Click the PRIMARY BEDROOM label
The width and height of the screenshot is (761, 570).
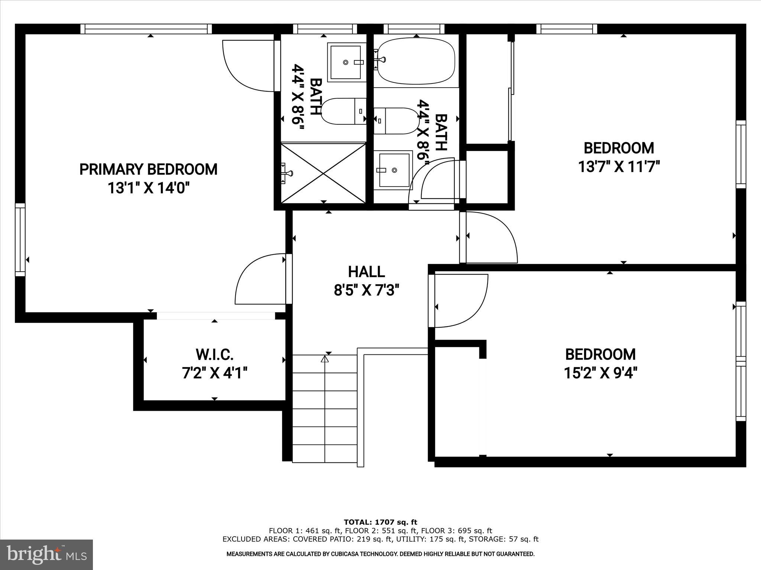pos(148,169)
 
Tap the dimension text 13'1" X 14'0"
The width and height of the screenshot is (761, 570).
pos(148,189)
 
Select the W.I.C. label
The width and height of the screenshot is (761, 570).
pos(214,354)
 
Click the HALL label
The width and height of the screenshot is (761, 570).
pos(366,272)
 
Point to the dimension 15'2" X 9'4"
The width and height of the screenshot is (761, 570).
pos(600,373)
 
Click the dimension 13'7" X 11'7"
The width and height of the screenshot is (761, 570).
pos(619,167)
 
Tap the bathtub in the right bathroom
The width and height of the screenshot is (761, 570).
pos(416,61)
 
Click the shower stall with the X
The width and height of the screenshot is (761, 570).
pos(323,173)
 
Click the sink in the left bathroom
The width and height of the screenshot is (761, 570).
pos(345,62)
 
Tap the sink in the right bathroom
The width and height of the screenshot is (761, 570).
pos(394,170)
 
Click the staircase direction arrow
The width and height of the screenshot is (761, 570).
pos(325,359)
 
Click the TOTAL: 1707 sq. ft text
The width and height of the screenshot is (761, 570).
pos(380,522)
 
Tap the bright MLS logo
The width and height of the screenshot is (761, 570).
pos(46,554)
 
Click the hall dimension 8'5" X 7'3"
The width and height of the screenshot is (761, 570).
pos(366,290)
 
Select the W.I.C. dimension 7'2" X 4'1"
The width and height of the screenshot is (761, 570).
pos(214,373)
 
